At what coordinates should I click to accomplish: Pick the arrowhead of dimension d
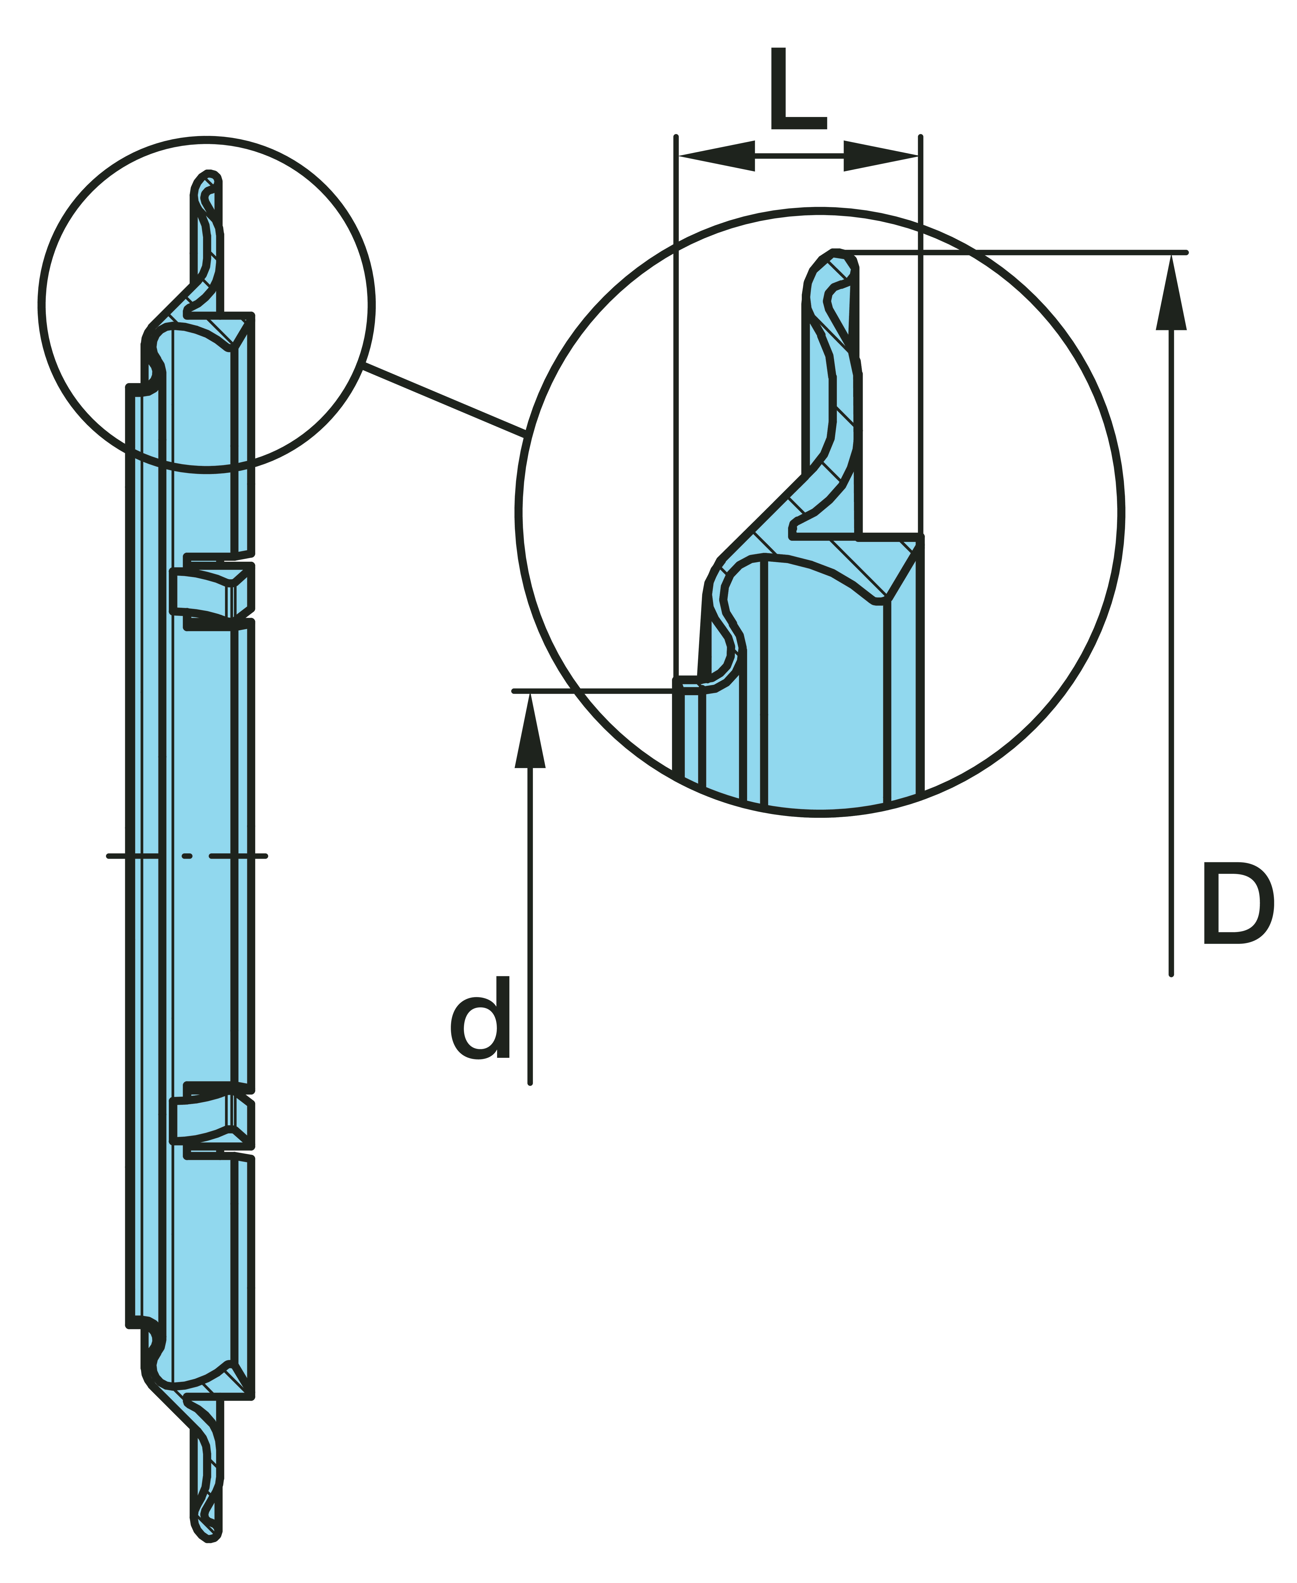(x=530, y=732)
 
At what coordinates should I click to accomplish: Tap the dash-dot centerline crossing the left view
(x=187, y=855)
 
